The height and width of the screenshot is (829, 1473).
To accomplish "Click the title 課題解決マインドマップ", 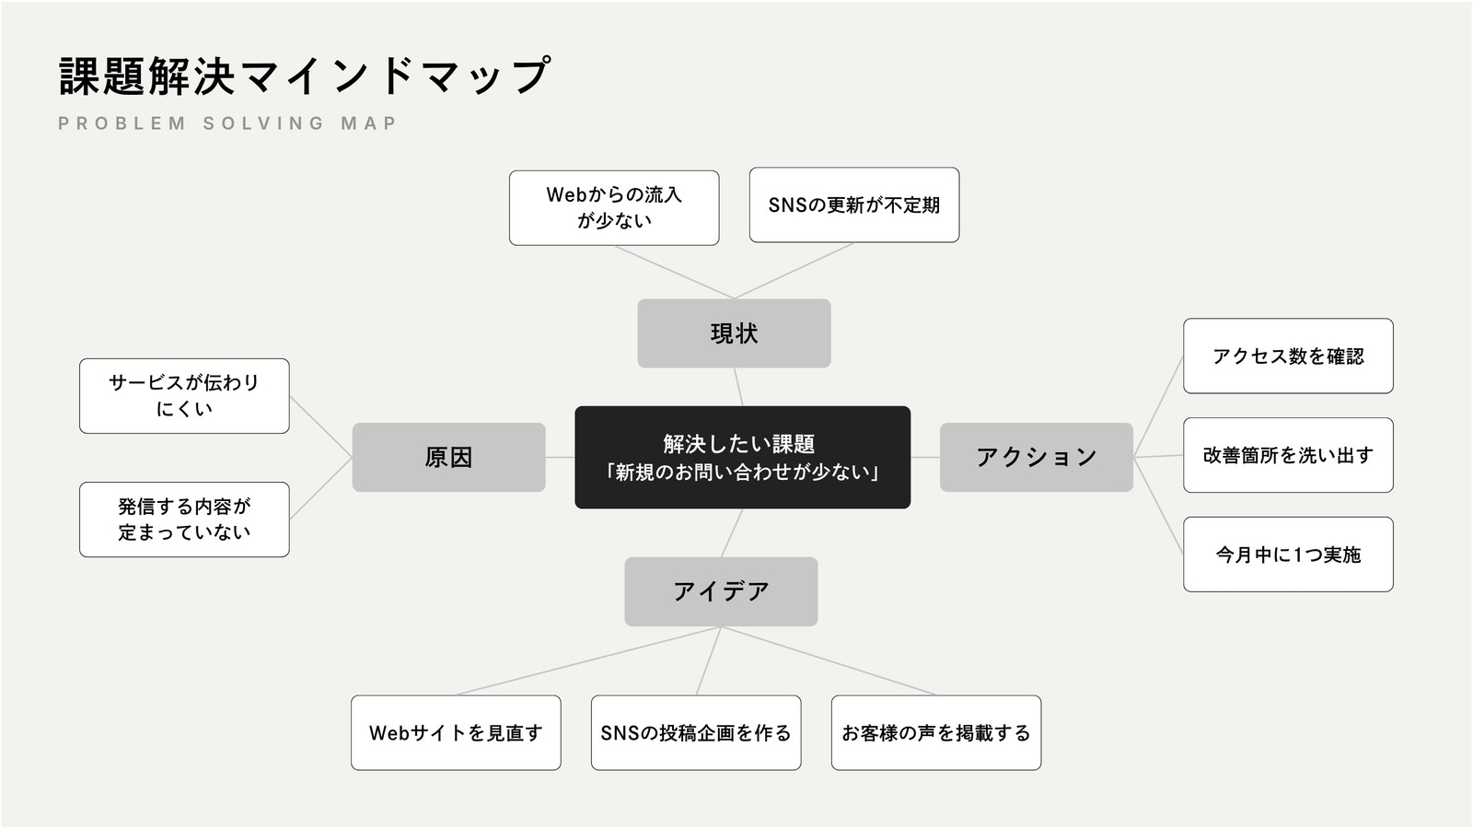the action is point(305,76).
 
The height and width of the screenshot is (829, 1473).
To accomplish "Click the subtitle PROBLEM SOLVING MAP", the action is point(227,123).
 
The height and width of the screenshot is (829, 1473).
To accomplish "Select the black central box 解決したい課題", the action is point(742,457).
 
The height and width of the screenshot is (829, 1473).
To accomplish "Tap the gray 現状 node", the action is point(734,333).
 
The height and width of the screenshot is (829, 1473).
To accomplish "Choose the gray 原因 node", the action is point(448,457).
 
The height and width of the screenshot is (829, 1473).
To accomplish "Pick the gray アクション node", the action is point(1037,457).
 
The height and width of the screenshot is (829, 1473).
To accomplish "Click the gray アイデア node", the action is point(722,591).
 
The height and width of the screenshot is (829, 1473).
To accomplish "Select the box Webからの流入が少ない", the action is point(614,208).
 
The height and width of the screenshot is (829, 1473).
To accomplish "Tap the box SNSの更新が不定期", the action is point(854,204).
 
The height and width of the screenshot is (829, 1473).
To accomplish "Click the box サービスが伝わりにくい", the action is point(184,396).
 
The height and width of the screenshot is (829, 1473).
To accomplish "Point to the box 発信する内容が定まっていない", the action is point(184,520).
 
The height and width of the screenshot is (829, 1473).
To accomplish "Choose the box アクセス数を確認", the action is point(1288,356).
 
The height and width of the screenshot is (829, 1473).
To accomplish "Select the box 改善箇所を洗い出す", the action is point(1288,455).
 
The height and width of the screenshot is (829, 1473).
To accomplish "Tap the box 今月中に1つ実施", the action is point(1288,555).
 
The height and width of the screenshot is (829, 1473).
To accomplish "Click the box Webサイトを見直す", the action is point(456,733).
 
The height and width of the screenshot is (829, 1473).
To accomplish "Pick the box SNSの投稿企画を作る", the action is point(696,733).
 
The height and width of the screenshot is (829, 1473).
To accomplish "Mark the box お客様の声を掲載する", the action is point(936,733).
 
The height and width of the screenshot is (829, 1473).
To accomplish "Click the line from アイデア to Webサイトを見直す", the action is point(588,660).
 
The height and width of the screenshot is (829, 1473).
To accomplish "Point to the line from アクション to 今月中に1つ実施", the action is point(1158,506).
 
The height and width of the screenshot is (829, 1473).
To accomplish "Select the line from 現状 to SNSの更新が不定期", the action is point(794,271).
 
